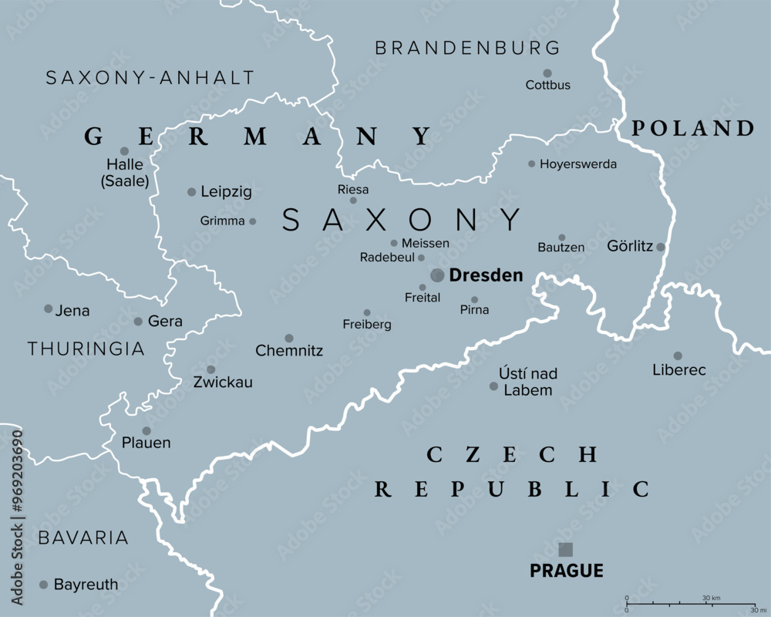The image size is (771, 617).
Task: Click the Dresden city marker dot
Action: pyautogui.click(x=437, y=275)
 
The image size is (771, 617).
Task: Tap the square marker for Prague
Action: pyautogui.click(x=566, y=549)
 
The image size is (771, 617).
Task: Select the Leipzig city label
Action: pyautogui.click(x=226, y=192)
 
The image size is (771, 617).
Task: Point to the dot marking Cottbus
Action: pyautogui.click(x=547, y=72)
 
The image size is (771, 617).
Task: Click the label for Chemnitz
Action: pyautogui.click(x=289, y=352)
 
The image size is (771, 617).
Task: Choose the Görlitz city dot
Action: pyautogui.click(x=661, y=247)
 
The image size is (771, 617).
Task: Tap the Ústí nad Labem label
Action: pyautogui.click(x=528, y=382)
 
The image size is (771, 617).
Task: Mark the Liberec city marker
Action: pyautogui.click(x=678, y=356)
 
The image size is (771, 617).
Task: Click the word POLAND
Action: pyautogui.click(x=692, y=129)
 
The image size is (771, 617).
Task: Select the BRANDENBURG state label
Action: pyautogui.click(x=467, y=48)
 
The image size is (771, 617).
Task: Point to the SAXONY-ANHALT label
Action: pyautogui.click(x=150, y=78)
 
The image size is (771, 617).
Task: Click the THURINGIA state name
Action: pyautogui.click(x=86, y=349)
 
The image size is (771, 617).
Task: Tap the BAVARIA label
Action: pyautogui.click(x=83, y=538)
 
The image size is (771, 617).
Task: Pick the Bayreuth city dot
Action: pyautogui.click(x=43, y=585)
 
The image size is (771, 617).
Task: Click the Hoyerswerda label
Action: pyautogui.click(x=578, y=164)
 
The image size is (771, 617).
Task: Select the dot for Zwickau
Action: pyautogui.click(x=210, y=369)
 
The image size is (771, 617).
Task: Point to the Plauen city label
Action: pyautogui.click(x=146, y=443)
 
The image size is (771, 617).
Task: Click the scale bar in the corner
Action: pyautogui.click(x=690, y=603)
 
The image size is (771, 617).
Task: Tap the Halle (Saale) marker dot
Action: pyautogui.click(x=124, y=151)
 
